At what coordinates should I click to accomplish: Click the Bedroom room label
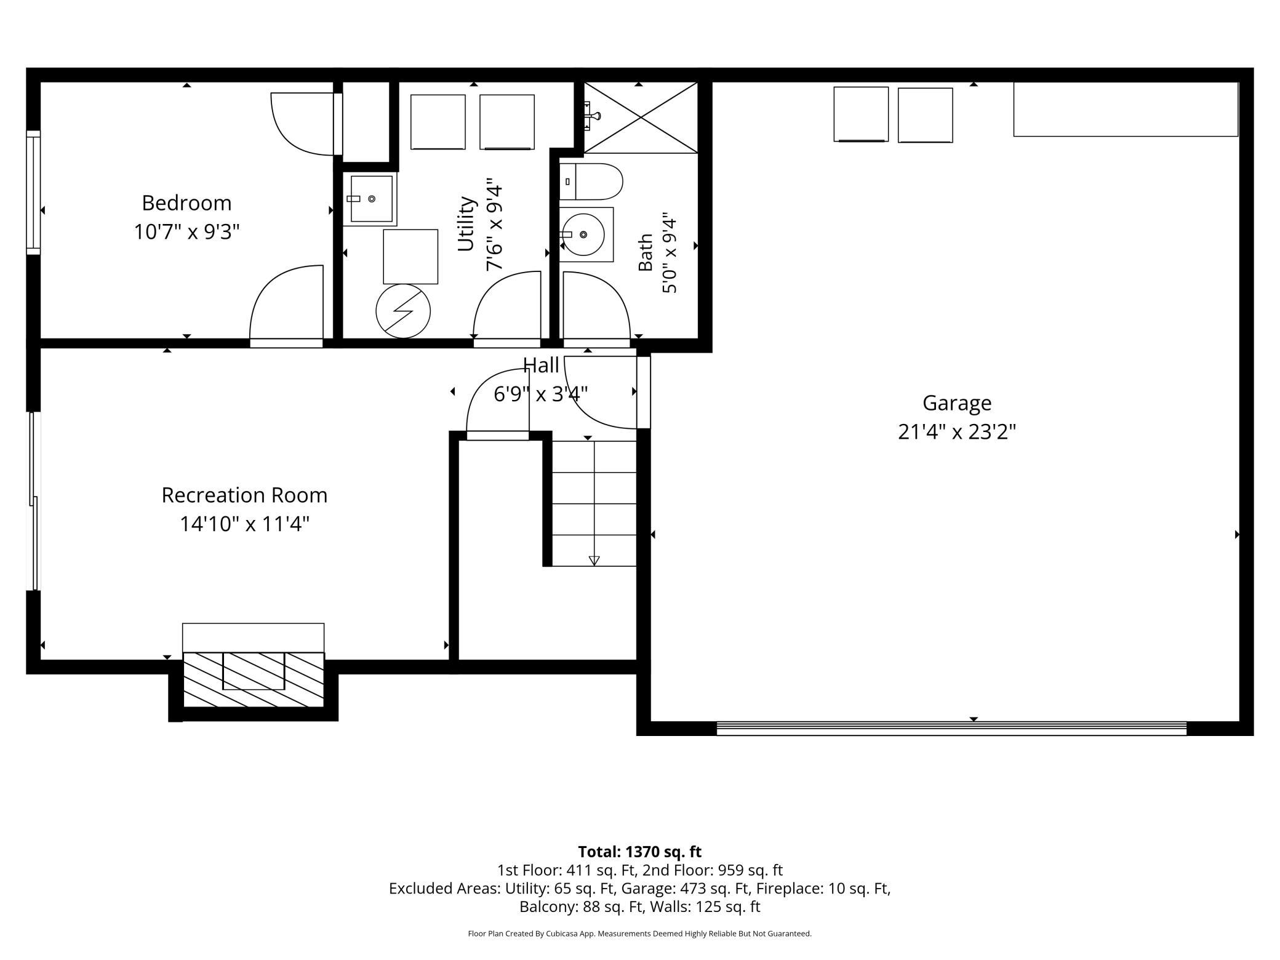click(186, 202)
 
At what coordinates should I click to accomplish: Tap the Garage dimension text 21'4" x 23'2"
click(956, 432)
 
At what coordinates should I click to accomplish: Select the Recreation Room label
click(244, 495)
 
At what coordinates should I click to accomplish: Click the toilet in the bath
click(591, 182)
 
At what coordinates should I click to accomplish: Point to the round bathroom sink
click(583, 234)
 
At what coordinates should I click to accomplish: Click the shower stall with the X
click(641, 118)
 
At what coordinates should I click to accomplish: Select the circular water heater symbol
click(403, 311)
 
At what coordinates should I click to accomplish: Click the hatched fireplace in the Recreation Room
click(254, 679)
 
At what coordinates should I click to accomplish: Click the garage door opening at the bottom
click(951, 728)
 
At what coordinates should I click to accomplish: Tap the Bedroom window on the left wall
click(33, 192)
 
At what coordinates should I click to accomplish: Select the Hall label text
click(541, 366)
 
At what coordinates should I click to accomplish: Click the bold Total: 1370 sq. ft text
click(640, 852)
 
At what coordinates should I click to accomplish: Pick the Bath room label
click(645, 252)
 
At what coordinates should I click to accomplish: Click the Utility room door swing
click(506, 305)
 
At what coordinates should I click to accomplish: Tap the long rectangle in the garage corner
click(1126, 109)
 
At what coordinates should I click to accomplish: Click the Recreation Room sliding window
click(34, 501)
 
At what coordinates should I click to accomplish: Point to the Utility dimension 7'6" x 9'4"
click(494, 225)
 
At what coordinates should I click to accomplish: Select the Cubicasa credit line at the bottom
click(640, 934)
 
